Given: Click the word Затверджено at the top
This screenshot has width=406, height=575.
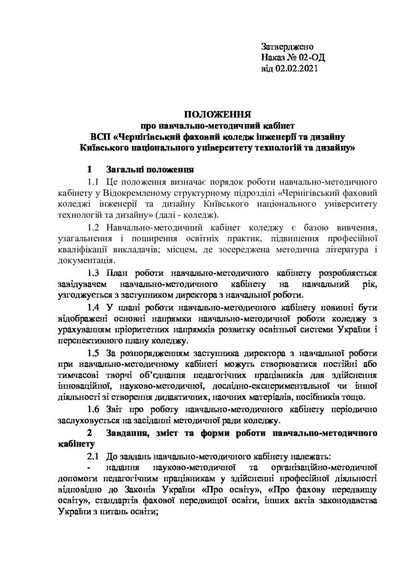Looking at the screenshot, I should pos(288,47).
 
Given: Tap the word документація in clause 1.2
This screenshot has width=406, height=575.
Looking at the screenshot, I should pos(84,261).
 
